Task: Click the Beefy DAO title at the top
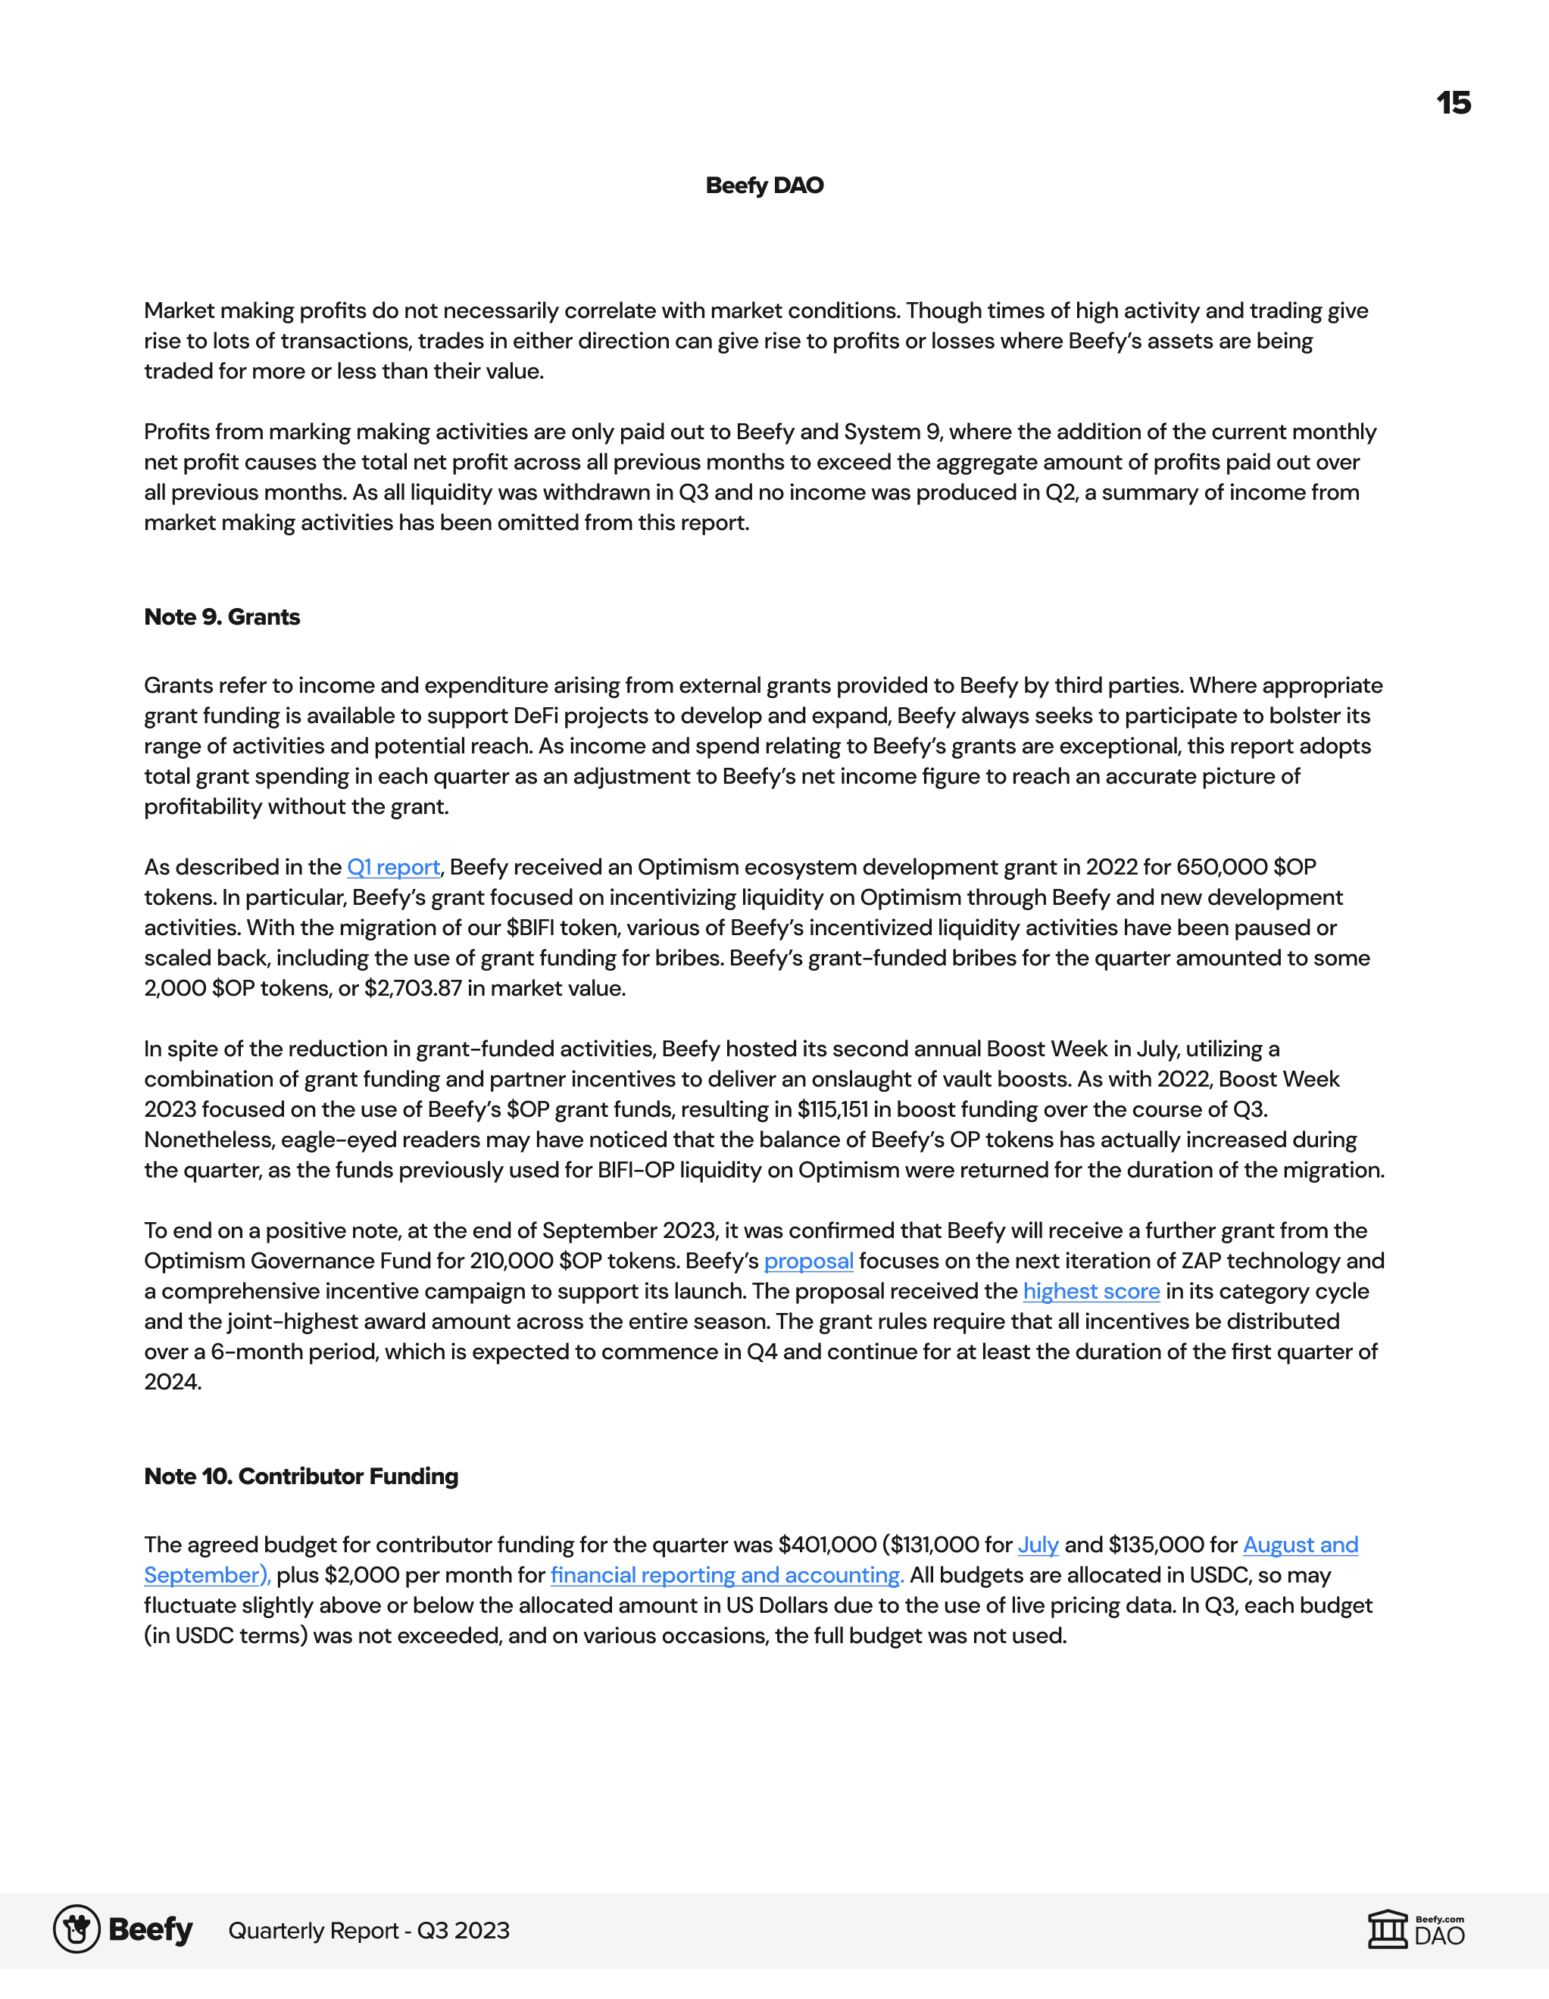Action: tap(764, 186)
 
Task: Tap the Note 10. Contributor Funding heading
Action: tap(301, 1477)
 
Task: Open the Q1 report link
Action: tap(394, 867)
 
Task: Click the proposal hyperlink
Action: tap(808, 1261)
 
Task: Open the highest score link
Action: tap(1091, 1292)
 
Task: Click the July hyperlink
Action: tap(1038, 1545)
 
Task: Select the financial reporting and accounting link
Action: tap(727, 1575)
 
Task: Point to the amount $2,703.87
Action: tap(413, 988)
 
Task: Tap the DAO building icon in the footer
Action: tap(1387, 1929)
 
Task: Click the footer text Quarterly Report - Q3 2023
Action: tap(369, 1930)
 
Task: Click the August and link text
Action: tap(1300, 1545)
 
